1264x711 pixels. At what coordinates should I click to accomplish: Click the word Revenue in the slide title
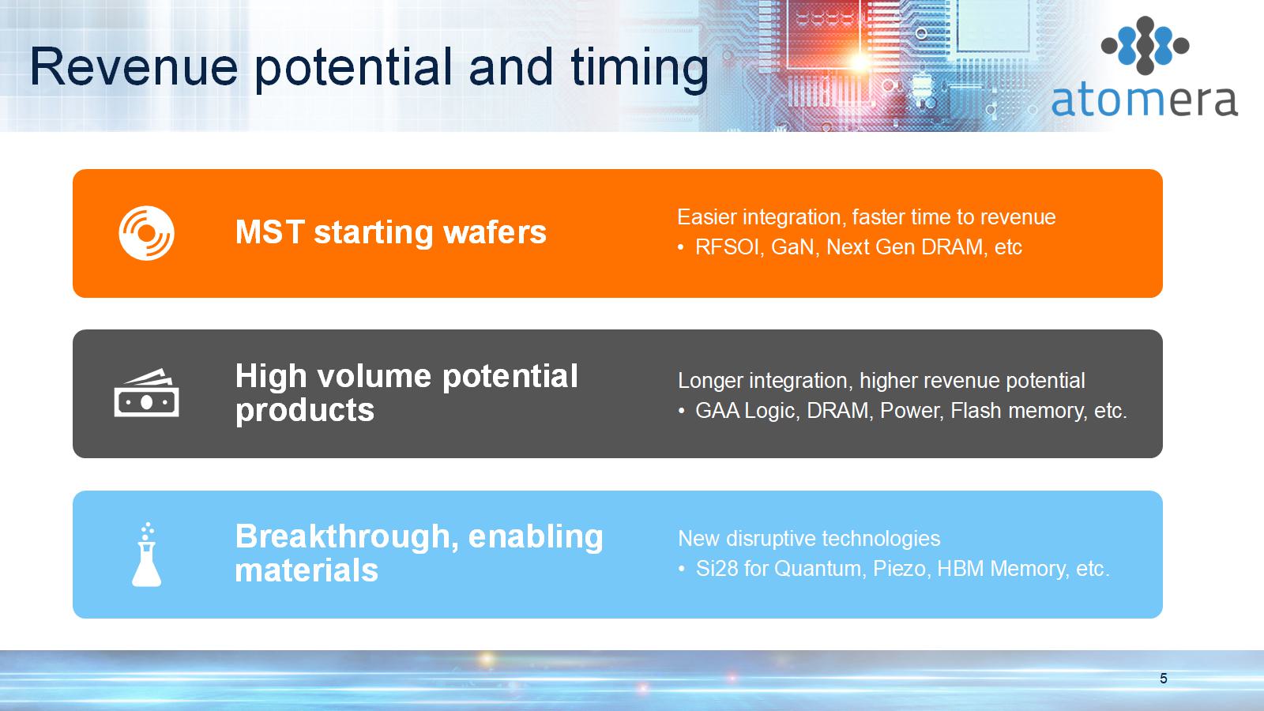pyautogui.click(x=134, y=67)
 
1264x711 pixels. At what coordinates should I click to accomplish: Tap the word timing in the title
pyautogui.click(x=639, y=70)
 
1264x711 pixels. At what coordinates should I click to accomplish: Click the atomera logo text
pyautogui.click(x=1145, y=101)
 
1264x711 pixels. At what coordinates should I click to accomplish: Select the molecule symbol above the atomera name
pyautogui.click(x=1145, y=46)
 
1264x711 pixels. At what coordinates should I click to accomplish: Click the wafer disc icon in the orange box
pyautogui.click(x=146, y=233)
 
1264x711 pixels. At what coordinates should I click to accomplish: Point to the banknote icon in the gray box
pyautogui.click(x=147, y=393)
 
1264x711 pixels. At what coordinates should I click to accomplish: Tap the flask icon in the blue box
pyautogui.click(x=147, y=555)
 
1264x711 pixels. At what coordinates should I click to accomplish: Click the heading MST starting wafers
pyautogui.click(x=390, y=232)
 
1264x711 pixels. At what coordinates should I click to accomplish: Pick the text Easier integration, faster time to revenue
pyautogui.click(x=866, y=217)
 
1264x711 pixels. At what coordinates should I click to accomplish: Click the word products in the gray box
pyautogui.click(x=305, y=411)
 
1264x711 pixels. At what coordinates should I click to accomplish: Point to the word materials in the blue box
pyautogui.click(x=307, y=570)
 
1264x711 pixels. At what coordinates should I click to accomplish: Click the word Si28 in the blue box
pyautogui.click(x=717, y=568)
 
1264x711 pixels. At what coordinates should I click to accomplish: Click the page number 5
pyautogui.click(x=1164, y=679)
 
